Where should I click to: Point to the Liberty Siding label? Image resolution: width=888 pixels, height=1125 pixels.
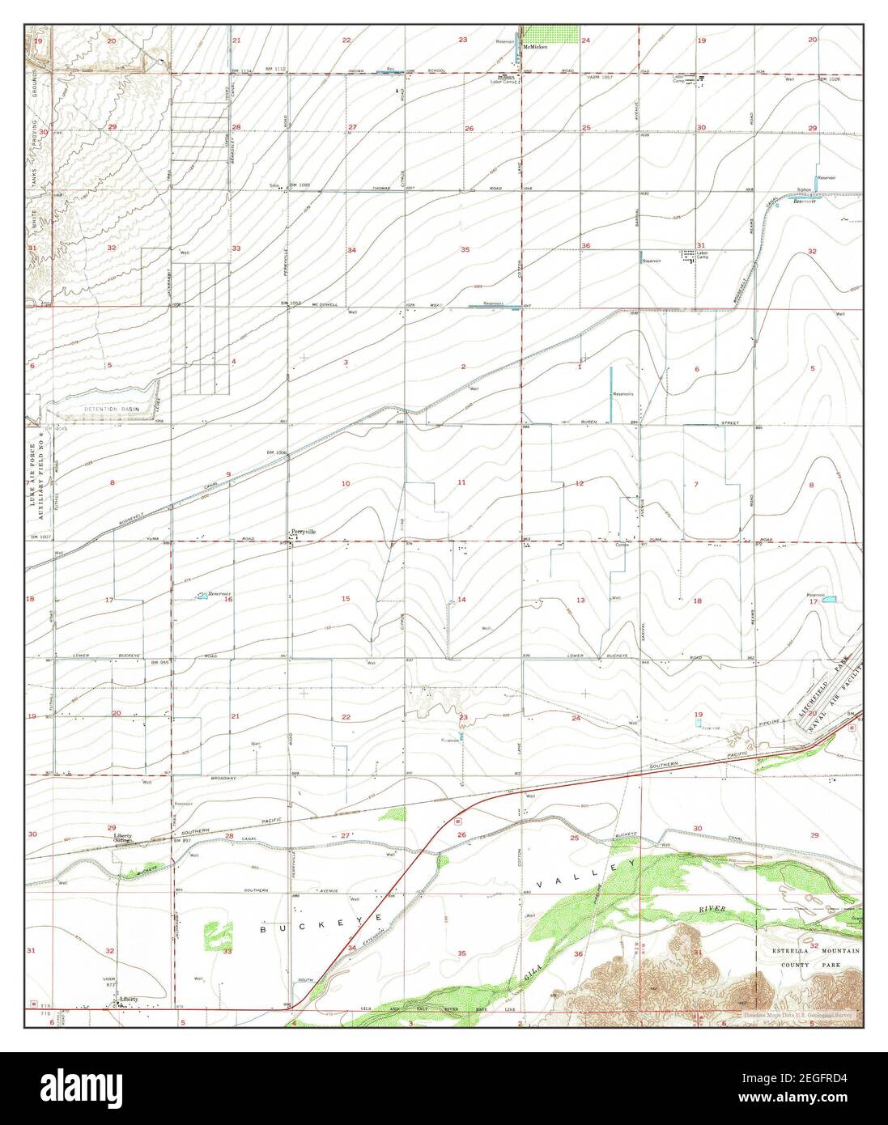pos(123,838)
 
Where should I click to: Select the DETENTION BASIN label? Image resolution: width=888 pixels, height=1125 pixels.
pos(112,410)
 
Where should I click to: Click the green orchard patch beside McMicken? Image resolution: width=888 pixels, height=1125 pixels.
pos(551,33)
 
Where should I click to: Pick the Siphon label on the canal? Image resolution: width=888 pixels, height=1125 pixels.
pos(803,189)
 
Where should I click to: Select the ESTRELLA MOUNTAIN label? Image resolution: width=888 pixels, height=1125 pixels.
pos(826,954)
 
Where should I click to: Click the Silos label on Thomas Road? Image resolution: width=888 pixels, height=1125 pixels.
pos(274,185)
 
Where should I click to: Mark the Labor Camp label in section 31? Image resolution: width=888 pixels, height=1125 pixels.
pos(702,255)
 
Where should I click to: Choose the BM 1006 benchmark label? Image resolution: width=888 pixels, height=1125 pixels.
pos(276,452)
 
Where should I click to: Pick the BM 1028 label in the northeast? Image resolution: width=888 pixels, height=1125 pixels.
pos(829,79)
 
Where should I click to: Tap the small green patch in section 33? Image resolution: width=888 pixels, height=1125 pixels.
pos(211,931)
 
